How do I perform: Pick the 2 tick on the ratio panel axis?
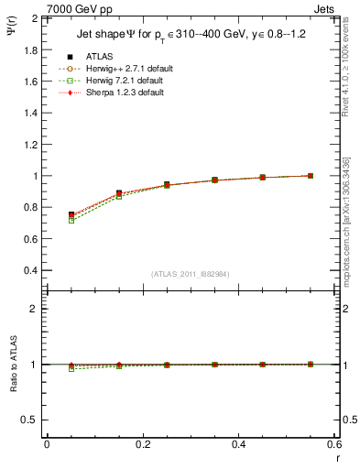coord(34,309)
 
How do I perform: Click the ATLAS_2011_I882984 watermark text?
coord(190,274)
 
